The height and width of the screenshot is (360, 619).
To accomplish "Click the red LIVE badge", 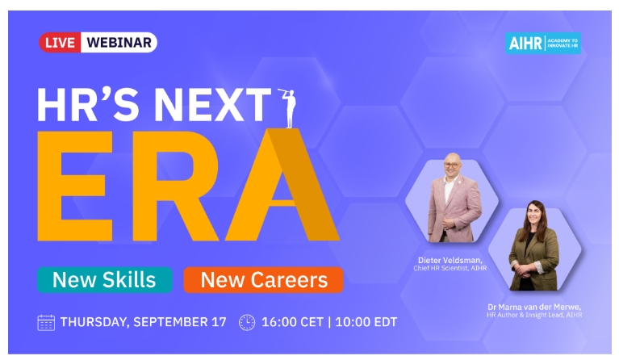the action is click(x=60, y=42).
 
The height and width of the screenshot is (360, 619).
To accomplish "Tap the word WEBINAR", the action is click(x=119, y=42).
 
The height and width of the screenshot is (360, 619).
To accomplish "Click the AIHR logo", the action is click(x=543, y=43).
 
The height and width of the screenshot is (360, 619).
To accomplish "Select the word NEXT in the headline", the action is click(x=212, y=105).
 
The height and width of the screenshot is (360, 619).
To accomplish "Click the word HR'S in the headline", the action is click(x=88, y=105).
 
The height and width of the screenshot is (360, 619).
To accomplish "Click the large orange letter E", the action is click(x=75, y=186).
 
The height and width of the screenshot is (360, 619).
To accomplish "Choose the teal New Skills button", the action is click(x=105, y=280).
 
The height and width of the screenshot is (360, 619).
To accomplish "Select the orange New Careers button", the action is click(x=263, y=280).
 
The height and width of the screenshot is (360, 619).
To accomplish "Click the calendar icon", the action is click(x=46, y=323).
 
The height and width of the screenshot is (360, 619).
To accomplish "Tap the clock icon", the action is click(x=247, y=323).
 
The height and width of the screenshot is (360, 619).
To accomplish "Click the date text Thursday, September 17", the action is click(x=144, y=322).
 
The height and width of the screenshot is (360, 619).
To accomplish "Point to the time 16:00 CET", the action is click(x=292, y=322).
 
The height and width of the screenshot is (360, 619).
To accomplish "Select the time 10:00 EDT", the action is click(x=366, y=322).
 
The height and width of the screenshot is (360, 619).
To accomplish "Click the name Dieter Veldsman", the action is click(x=450, y=260).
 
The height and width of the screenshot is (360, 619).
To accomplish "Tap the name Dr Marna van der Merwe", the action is click(x=534, y=307).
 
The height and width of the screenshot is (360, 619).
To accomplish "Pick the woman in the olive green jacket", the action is click(x=534, y=245).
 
